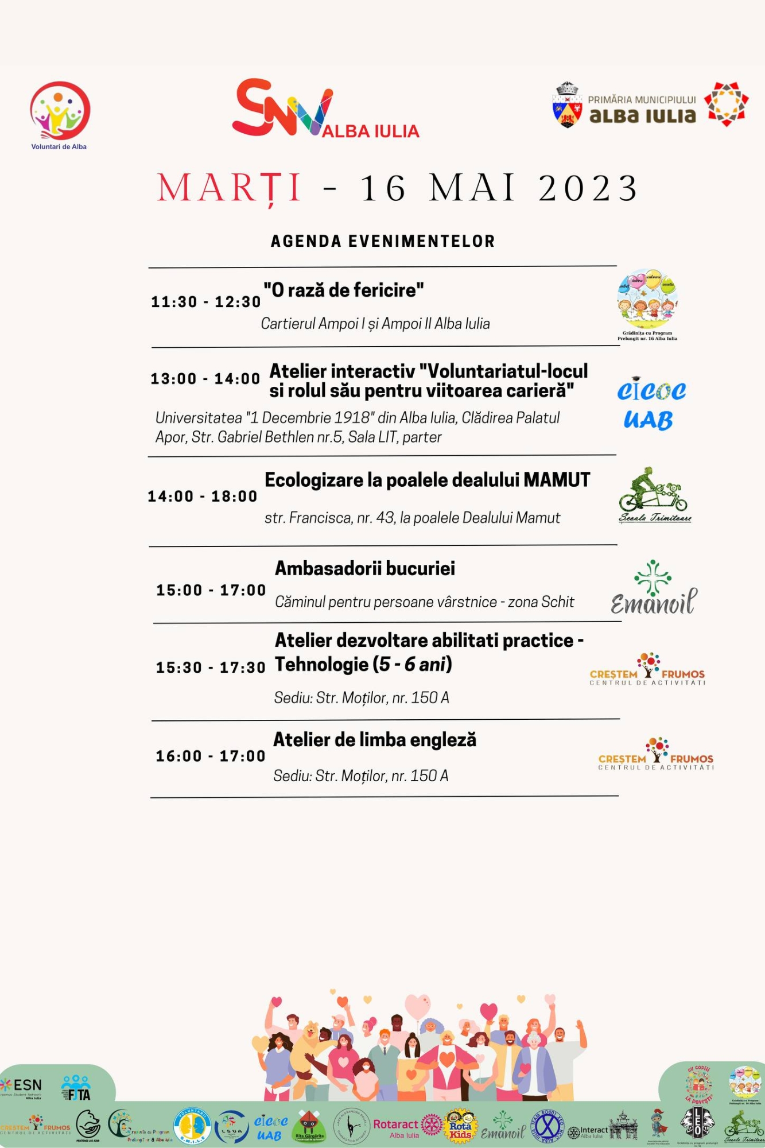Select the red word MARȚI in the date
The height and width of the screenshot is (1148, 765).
point(230,188)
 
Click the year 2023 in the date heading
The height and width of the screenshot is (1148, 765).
point(588,188)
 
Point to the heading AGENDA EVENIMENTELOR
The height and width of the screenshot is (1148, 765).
point(383,241)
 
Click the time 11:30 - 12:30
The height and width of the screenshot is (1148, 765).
point(206,302)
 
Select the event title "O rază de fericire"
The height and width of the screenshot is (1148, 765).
point(343,290)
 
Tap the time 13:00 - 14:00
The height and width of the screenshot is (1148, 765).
point(205,379)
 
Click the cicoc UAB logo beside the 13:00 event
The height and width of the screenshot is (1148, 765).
point(650,404)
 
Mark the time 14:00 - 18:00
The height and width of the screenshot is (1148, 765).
point(203,497)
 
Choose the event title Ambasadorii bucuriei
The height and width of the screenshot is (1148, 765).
point(365,568)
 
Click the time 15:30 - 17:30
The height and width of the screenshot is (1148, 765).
point(211,668)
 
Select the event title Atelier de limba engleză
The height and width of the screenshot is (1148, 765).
point(375,740)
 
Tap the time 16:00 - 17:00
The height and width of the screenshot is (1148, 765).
point(211,756)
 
